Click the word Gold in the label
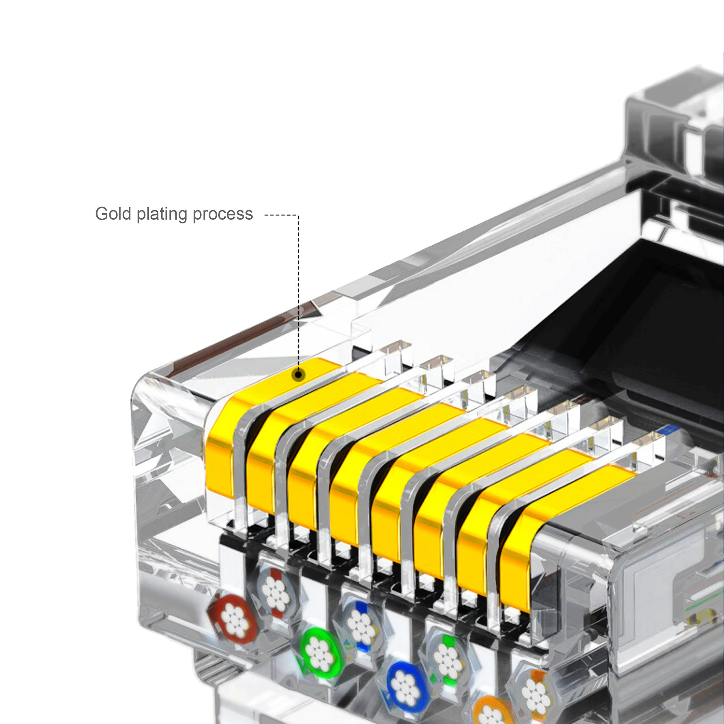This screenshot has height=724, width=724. (113, 214)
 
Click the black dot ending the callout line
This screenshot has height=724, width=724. (299, 374)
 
